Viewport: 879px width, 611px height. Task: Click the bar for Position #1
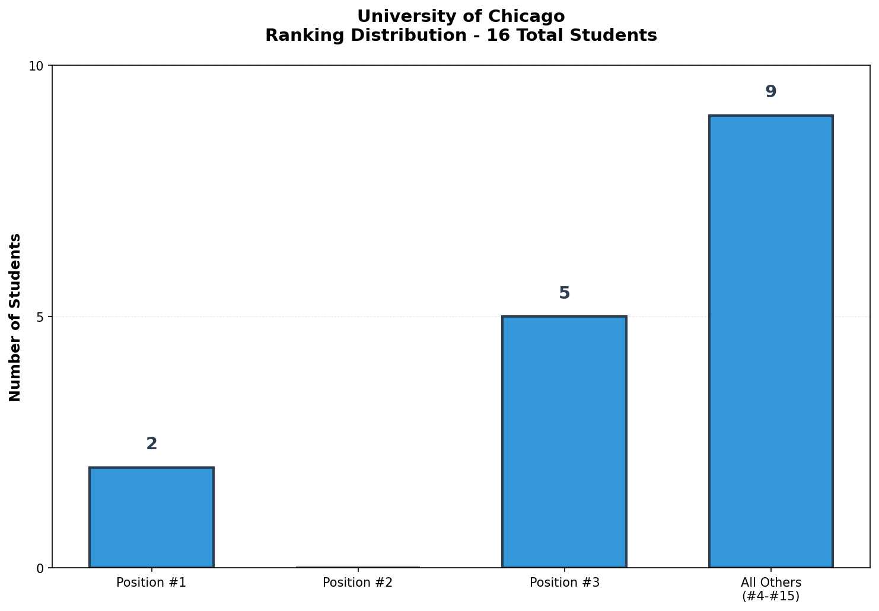(x=151, y=517)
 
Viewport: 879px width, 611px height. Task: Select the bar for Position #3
(x=564, y=442)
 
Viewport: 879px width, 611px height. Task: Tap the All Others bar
(x=770, y=341)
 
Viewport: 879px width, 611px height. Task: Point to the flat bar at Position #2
(x=358, y=567)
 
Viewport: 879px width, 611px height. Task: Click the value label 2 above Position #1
(x=151, y=444)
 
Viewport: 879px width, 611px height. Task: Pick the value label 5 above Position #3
(x=564, y=293)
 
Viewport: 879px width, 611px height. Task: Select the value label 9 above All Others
(x=770, y=92)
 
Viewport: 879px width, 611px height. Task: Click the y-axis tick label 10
(x=36, y=66)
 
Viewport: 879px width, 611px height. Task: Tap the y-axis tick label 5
(x=40, y=317)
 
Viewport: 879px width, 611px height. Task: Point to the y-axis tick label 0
(x=40, y=568)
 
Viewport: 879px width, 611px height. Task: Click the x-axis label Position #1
(x=151, y=583)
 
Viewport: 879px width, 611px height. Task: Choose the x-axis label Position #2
(x=358, y=583)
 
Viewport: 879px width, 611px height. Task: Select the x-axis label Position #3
(x=564, y=583)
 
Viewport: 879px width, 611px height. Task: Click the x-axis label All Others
(x=770, y=583)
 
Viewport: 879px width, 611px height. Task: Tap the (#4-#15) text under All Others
(x=770, y=596)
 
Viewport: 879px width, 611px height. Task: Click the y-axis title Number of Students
(x=15, y=317)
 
